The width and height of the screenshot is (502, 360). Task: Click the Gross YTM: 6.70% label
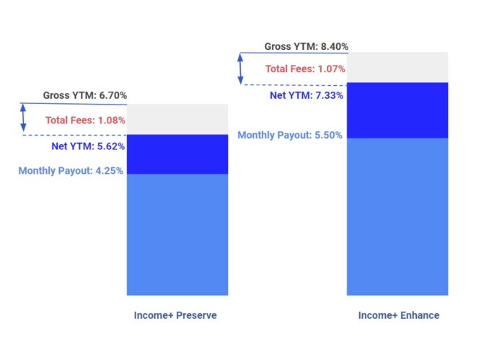tap(84, 95)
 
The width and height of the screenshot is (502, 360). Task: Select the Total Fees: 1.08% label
tap(85, 120)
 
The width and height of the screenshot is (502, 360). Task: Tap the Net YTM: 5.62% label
tap(88, 146)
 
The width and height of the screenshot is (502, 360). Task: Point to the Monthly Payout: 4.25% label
tap(71, 171)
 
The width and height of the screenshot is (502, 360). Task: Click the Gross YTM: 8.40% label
tap(306, 46)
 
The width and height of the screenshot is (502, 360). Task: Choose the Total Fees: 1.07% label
tap(305, 69)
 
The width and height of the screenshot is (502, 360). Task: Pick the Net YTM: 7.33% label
tap(307, 95)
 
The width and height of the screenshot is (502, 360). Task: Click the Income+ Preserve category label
tap(175, 315)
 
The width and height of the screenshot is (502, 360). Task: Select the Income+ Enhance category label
tap(398, 315)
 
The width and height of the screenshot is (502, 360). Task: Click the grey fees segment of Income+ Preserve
tap(177, 120)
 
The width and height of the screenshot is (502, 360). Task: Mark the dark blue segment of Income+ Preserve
tap(177, 154)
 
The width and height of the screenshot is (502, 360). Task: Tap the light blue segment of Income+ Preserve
tap(177, 234)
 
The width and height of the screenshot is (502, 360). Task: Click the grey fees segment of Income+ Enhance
tap(397, 67)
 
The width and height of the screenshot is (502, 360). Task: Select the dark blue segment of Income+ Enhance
tap(397, 110)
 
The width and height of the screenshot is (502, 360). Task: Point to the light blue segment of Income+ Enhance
tap(397, 216)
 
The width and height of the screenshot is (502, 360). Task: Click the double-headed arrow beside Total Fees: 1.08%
tap(23, 118)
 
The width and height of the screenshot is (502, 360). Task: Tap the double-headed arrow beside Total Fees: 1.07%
tap(242, 69)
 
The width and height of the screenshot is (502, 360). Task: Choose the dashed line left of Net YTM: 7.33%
tap(289, 85)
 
